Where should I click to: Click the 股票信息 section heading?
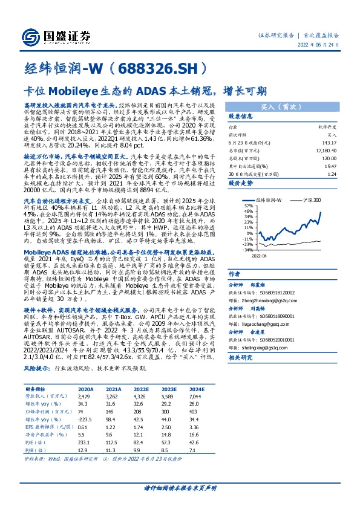point(241,116)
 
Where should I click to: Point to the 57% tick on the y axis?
point(249,206)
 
